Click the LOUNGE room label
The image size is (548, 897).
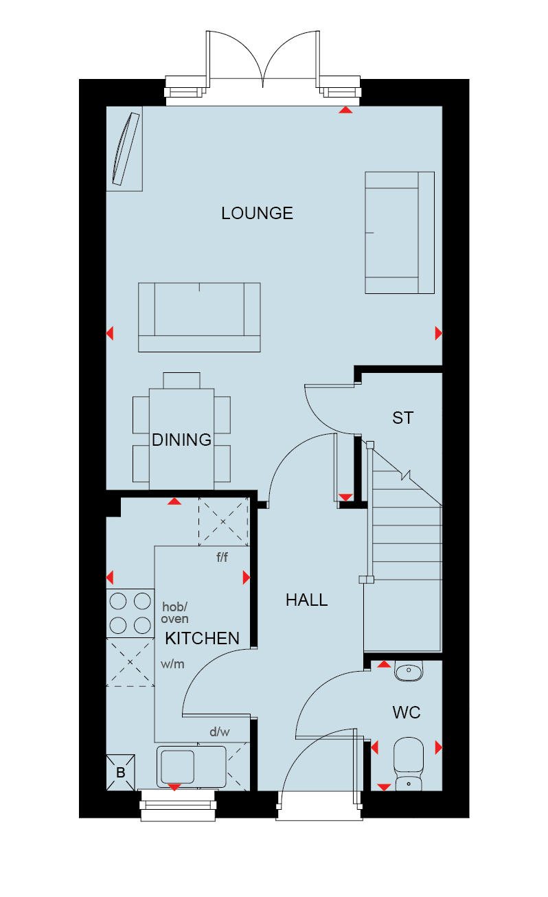pos(257,213)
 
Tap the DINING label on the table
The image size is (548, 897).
pos(181,440)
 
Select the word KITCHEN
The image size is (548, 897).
pos(202,638)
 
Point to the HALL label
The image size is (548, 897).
pos(307,600)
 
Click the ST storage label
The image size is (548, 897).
pos(402,418)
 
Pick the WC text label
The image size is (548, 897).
pos(407,713)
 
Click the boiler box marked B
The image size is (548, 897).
pos(120,773)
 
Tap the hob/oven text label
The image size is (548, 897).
pos(174,613)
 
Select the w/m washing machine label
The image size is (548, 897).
pos(172,664)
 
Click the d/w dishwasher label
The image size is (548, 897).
pos(219,732)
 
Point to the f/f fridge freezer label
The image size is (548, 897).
pos(222,557)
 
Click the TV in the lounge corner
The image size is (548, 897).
pos(126,149)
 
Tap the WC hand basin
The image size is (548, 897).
pos(409,671)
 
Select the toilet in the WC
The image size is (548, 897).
pos(409,764)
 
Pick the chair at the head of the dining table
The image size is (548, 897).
pos(181,381)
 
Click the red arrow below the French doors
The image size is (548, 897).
pos(345,110)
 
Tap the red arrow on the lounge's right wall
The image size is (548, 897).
pos(439,333)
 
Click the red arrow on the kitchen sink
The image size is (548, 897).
pos(174,787)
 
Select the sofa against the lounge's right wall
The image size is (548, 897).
pos(400,233)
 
